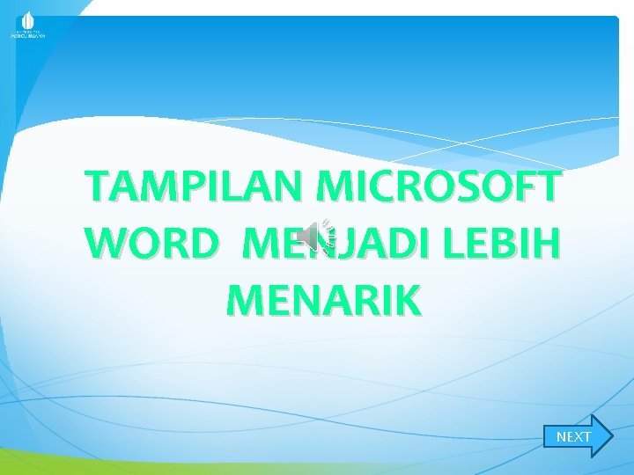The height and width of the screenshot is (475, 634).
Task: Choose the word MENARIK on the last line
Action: (x=323, y=300)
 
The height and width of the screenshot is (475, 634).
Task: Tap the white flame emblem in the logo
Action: (x=27, y=20)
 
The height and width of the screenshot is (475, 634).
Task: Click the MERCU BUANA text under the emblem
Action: (x=27, y=37)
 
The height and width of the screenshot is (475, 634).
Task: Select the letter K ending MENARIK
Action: (x=409, y=300)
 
